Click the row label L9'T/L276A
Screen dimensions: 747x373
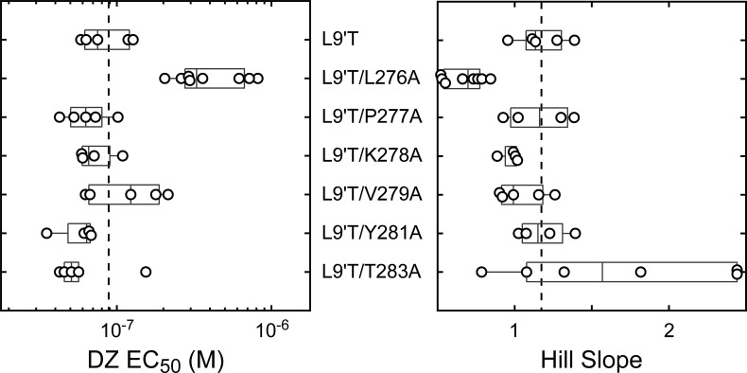[x=370, y=79]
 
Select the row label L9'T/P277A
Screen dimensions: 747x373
[x=371, y=117]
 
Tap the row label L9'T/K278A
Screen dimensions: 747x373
[x=371, y=156]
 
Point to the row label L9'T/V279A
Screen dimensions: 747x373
[x=371, y=195]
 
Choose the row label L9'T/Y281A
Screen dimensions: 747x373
[x=371, y=233]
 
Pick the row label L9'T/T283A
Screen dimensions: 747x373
[x=371, y=272]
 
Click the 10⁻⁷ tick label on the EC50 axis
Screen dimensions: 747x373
[x=116, y=329]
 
